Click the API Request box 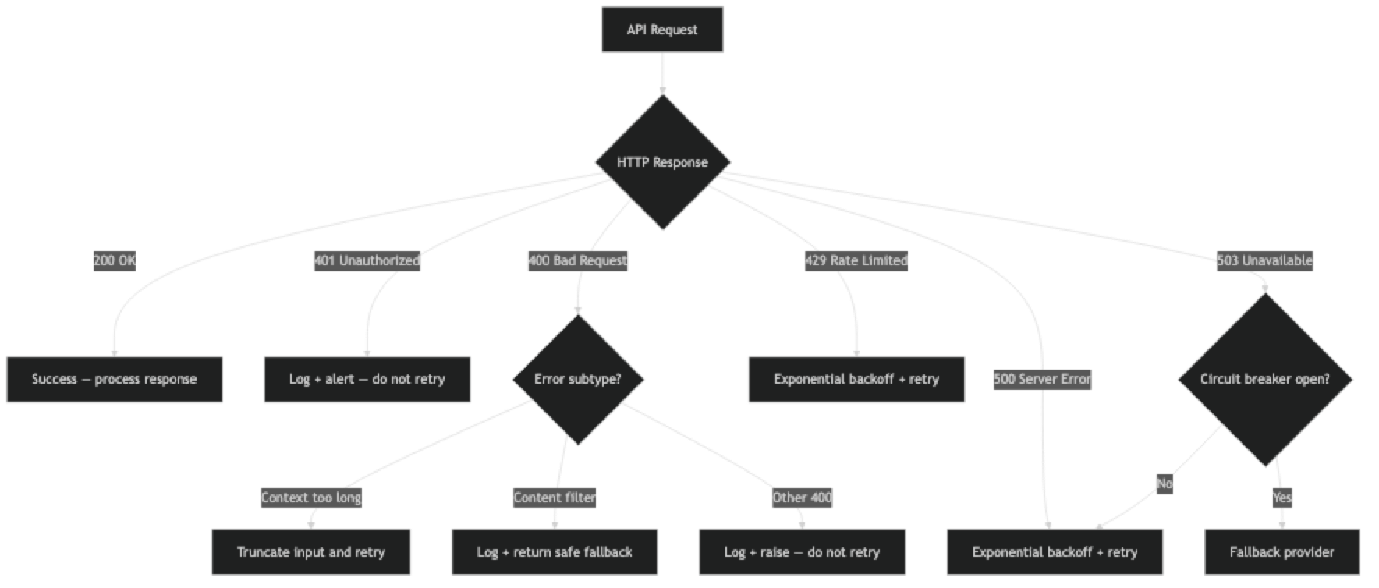pyautogui.click(x=661, y=30)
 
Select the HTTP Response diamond pyautogui.click(x=662, y=162)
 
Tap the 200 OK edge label pyautogui.click(x=115, y=261)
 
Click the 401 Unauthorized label pyautogui.click(x=367, y=261)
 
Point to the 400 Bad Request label pyautogui.click(x=577, y=261)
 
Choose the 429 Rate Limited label pyautogui.click(x=856, y=261)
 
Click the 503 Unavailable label pyautogui.click(x=1264, y=261)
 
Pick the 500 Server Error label pyautogui.click(x=1042, y=380)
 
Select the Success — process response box pyautogui.click(x=115, y=380)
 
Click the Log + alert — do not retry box pyautogui.click(x=367, y=380)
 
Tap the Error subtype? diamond pyautogui.click(x=577, y=380)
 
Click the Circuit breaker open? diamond pyautogui.click(x=1264, y=380)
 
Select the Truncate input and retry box pyautogui.click(x=310, y=552)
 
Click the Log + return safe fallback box pyautogui.click(x=554, y=552)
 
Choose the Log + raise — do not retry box pyautogui.click(x=802, y=552)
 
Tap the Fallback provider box pyautogui.click(x=1282, y=552)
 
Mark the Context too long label pyautogui.click(x=310, y=498)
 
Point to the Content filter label pyautogui.click(x=554, y=498)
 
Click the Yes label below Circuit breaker pyautogui.click(x=1282, y=498)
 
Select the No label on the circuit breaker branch pyautogui.click(x=1165, y=484)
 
